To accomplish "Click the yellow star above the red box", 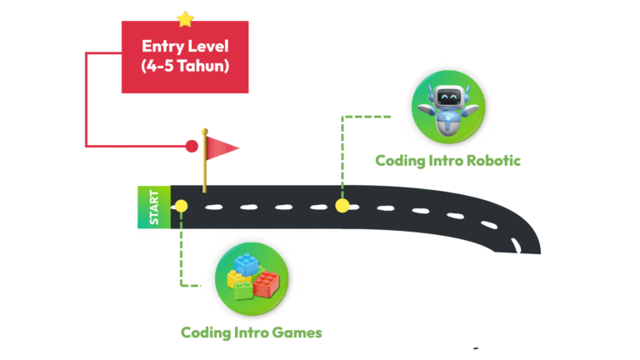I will (x=185, y=18).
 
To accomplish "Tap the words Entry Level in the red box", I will (x=185, y=47).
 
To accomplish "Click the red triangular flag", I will (x=222, y=148).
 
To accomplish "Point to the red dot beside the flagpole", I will (x=192, y=147).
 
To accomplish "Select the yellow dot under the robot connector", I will (x=342, y=205).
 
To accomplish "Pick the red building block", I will (x=267, y=285).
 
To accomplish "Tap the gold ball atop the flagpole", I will (x=202, y=132).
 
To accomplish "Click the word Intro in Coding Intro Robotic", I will (x=445, y=160).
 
